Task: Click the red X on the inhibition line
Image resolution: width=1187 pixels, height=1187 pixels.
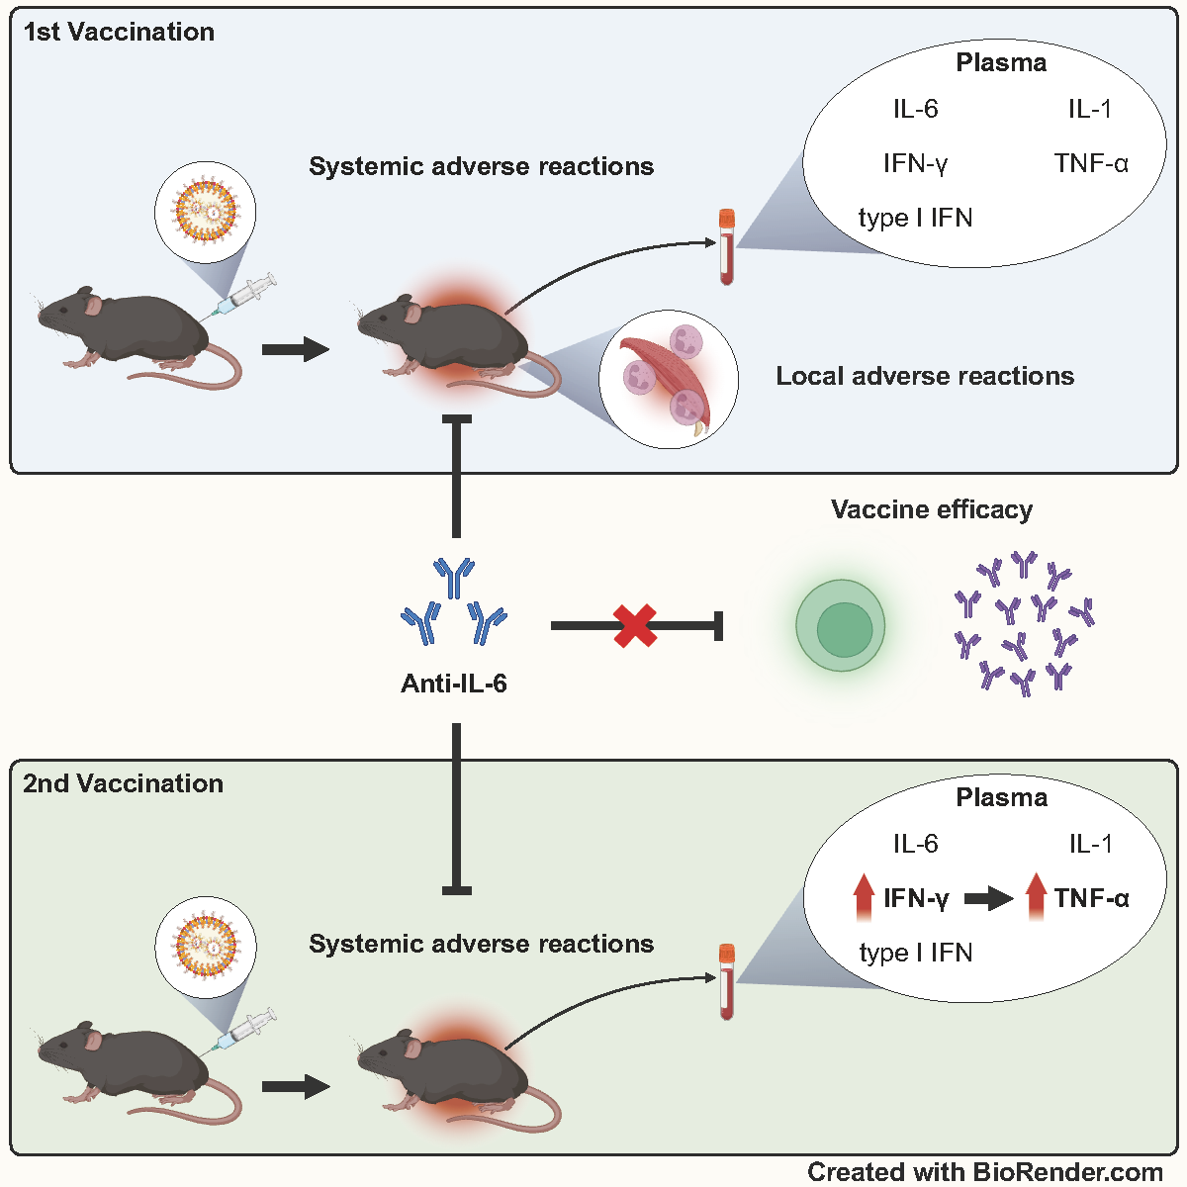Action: coord(635,626)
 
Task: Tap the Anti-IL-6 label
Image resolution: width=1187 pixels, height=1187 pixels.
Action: coord(454,684)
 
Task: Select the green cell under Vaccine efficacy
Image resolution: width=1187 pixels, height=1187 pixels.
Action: coord(841,626)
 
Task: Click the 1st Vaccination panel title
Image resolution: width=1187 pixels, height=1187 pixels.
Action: coord(119,32)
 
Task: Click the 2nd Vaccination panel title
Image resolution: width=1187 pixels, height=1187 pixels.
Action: coord(123,783)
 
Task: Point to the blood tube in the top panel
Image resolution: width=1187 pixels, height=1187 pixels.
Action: coord(727,246)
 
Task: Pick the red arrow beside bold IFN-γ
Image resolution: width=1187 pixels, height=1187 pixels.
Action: coord(864,897)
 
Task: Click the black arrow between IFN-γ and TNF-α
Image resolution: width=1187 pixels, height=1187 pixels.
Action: coord(988,898)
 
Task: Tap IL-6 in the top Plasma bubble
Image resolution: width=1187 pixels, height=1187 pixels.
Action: coord(915,109)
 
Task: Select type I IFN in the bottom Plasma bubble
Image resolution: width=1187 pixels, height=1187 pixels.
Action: coord(916,953)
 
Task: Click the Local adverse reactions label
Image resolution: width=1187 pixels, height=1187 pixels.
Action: coord(925,376)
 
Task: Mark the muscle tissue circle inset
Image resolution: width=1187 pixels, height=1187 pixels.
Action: coord(669,379)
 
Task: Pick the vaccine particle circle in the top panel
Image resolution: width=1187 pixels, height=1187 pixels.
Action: coord(206,211)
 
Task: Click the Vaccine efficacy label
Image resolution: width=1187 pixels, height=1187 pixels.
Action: coord(932,509)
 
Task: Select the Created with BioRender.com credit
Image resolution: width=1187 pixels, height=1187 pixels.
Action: coord(985,1172)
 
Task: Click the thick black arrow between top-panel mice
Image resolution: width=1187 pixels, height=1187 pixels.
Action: coord(295,349)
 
